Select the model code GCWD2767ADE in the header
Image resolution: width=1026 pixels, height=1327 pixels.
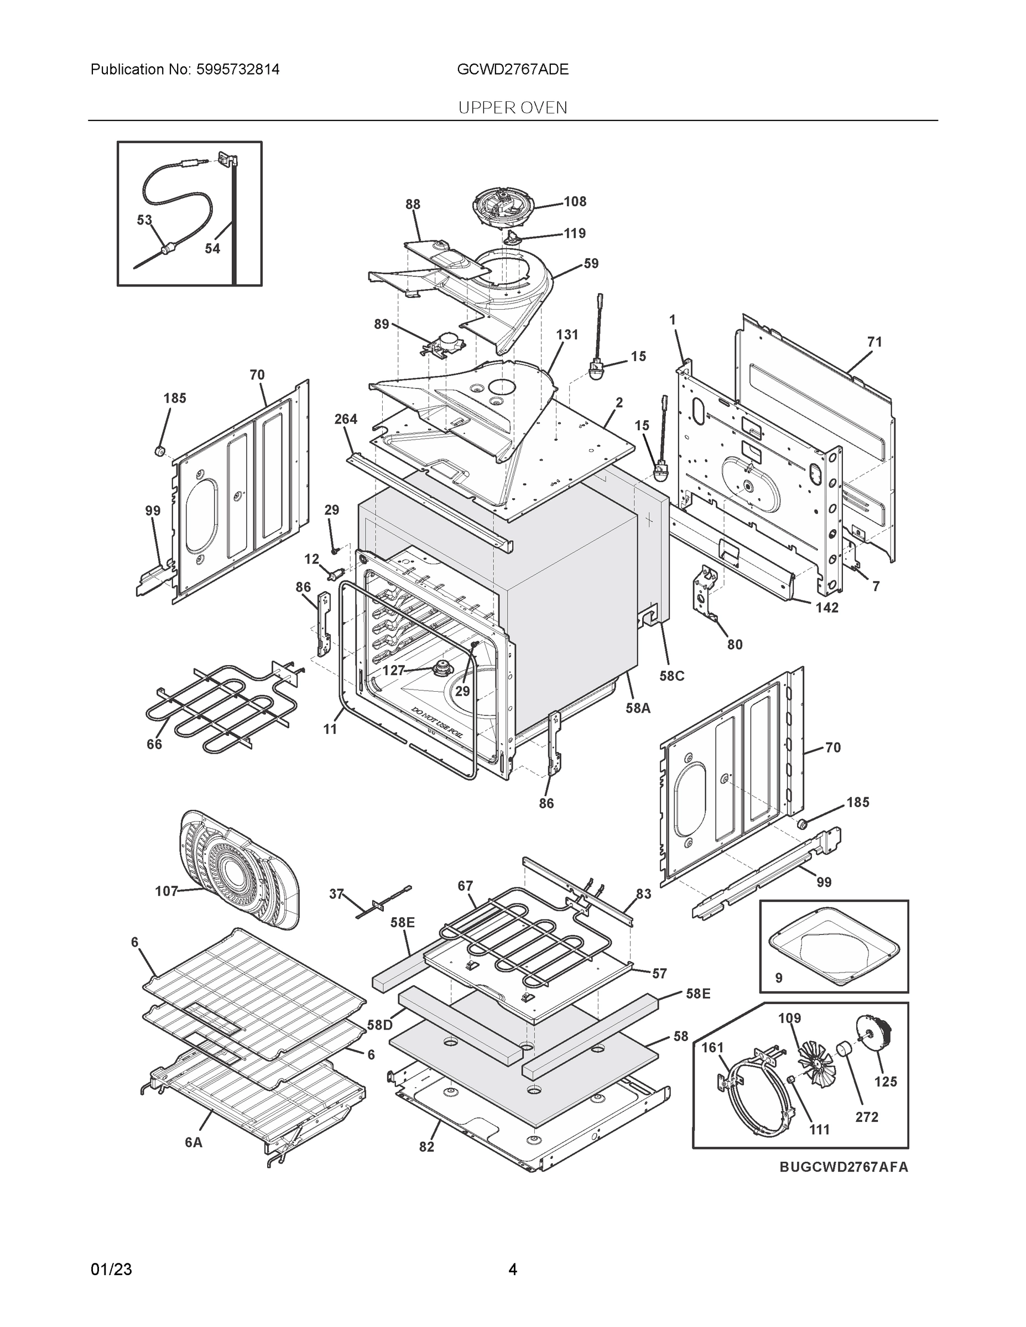[512, 69]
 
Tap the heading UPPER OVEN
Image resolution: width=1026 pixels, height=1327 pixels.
[512, 108]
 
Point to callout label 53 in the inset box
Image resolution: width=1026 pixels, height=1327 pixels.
[144, 220]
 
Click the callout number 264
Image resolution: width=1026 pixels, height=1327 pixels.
[345, 419]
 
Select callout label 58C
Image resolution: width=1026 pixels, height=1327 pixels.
[671, 676]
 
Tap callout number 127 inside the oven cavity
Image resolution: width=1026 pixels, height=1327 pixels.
[393, 670]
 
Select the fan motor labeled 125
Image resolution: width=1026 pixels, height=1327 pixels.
[873, 1032]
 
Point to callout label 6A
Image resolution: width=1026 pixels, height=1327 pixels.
[193, 1142]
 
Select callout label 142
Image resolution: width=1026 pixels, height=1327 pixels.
[827, 607]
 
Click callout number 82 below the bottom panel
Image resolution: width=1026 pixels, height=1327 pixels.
[426, 1146]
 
